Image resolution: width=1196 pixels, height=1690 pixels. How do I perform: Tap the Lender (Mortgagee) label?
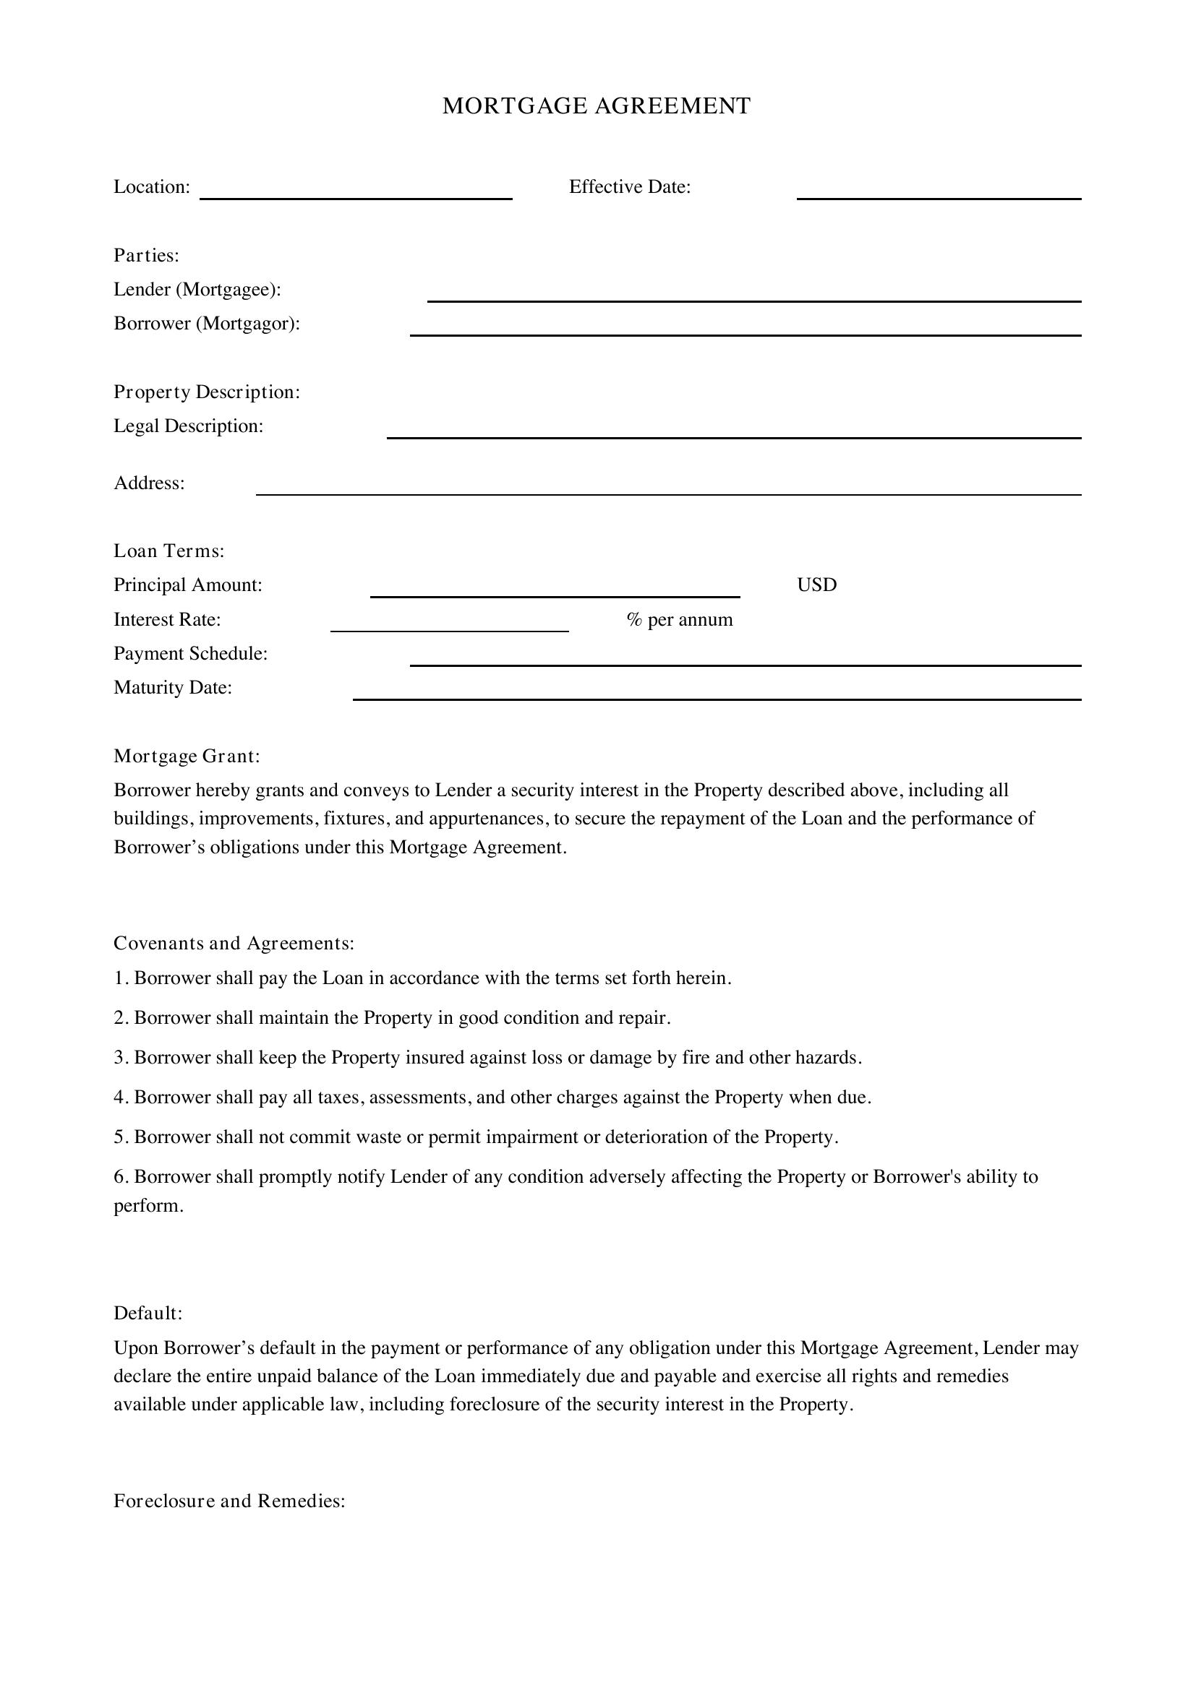[197, 289]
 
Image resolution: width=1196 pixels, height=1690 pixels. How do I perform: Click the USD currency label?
[816, 585]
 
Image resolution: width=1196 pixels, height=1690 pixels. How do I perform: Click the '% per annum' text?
[680, 620]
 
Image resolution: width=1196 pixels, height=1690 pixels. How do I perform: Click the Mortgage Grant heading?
[187, 756]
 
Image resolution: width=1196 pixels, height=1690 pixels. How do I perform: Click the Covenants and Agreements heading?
[234, 943]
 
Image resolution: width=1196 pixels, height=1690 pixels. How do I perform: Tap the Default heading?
[148, 1313]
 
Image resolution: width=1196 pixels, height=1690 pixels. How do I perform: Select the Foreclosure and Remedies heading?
[229, 1501]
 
